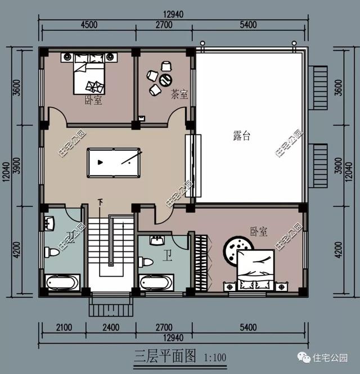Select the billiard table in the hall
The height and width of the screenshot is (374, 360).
(x=113, y=162)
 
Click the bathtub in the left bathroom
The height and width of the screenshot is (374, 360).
(x=62, y=282)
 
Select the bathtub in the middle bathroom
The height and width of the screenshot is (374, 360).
(x=156, y=282)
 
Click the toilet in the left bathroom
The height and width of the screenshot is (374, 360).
(x=52, y=252)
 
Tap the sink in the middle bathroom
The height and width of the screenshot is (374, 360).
(x=156, y=241)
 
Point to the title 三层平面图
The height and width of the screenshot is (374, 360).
(x=165, y=356)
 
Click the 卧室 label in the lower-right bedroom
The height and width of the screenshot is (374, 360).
(x=258, y=231)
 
